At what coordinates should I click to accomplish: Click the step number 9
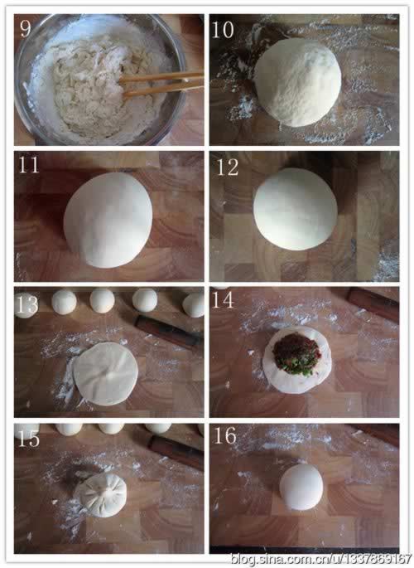click(x=26, y=27)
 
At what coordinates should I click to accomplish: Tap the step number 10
click(x=223, y=30)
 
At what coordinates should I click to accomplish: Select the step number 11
click(x=28, y=164)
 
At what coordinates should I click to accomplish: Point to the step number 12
click(x=228, y=167)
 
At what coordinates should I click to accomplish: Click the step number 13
click(x=26, y=304)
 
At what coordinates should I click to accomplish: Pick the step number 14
click(x=223, y=300)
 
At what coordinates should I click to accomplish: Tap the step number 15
click(x=28, y=439)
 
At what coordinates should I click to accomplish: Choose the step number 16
click(x=225, y=436)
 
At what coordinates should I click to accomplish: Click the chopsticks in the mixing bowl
click(x=161, y=84)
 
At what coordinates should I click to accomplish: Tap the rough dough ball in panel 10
click(x=298, y=82)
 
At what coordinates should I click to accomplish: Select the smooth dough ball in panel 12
click(x=296, y=209)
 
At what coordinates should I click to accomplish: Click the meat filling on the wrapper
click(x=296, y=353)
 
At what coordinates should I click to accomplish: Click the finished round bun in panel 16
click(x=301, y=487)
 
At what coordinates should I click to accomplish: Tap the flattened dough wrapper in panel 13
click(x=105, y=373)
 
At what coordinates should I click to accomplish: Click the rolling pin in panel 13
click(x=168, y=330)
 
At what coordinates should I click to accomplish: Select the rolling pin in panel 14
click(x=373, y=304)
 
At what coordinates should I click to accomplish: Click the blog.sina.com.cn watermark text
click(x=321, y=558)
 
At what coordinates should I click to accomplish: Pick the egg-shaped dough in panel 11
click(x=108, y=220)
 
